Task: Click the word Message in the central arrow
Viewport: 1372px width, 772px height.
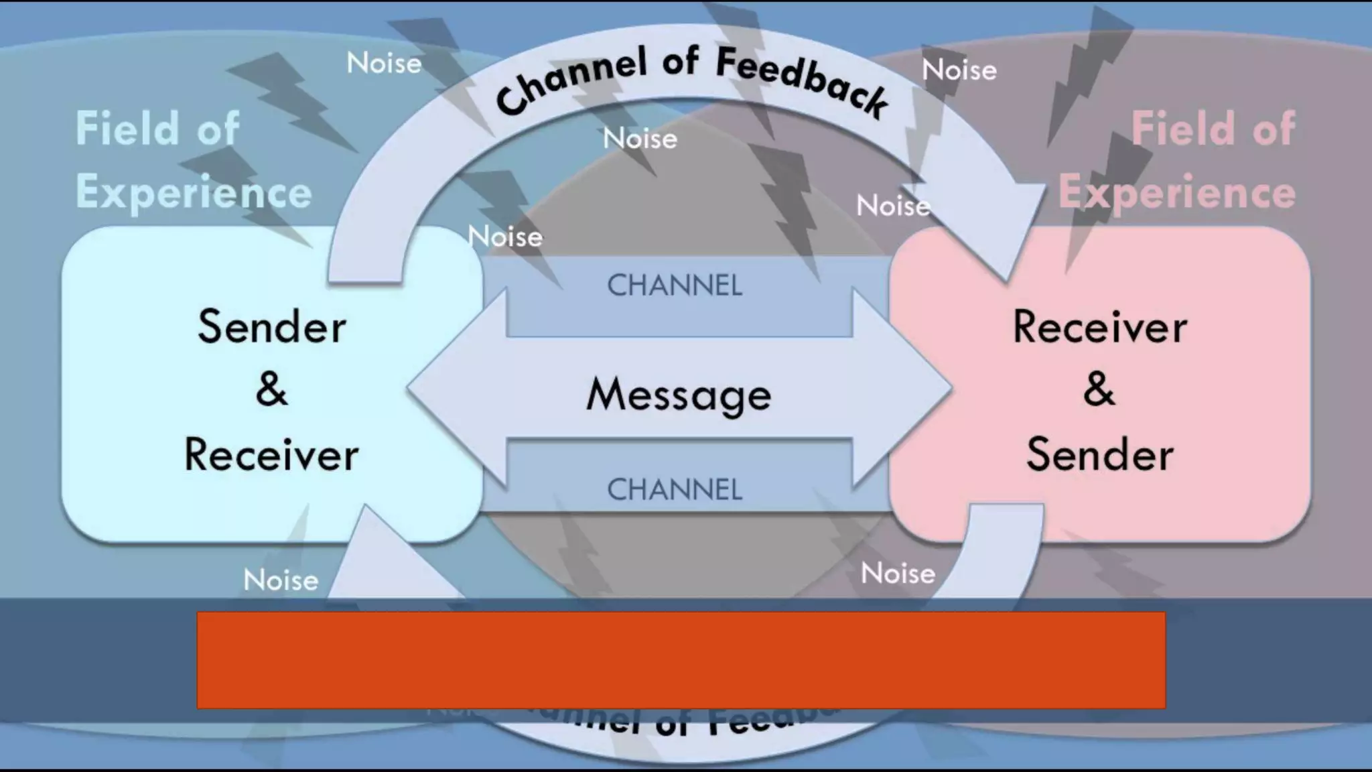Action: pos(678,394)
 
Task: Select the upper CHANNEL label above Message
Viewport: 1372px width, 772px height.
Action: pos(674,286)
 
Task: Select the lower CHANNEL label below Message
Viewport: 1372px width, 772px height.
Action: pos(674,490)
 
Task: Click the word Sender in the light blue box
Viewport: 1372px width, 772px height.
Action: pos(271,327)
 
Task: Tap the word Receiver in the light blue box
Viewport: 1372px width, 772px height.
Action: pos(271,455)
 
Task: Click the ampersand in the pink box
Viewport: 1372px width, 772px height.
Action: pos(1099,389)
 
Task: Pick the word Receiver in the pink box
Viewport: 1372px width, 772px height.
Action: pos(1099,327)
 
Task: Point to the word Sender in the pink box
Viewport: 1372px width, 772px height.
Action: pos(1099,455)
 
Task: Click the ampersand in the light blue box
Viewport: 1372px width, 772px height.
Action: pos(271,389)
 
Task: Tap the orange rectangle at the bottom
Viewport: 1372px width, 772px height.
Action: pos(681,660)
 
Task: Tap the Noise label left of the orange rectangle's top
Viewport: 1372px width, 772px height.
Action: pos(281,580)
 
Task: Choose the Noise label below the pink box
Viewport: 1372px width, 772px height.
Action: pos(898,574)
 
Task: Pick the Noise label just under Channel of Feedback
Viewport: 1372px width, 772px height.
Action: pos(640,139)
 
